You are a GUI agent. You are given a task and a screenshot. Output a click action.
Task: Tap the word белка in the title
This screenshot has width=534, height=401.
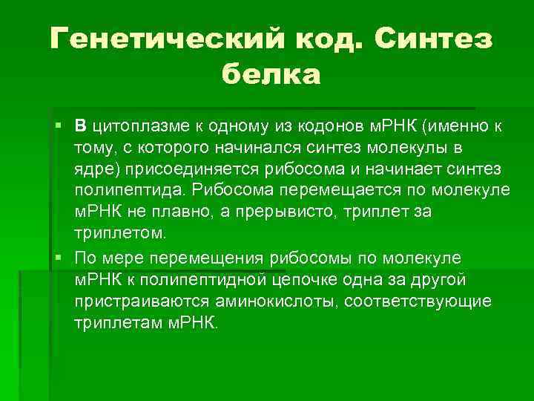tap(271, 74)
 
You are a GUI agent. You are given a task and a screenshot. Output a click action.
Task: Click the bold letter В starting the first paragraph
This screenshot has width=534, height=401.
tap(81, 125)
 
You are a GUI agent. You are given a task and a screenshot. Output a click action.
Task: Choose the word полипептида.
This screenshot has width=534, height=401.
tap(131, 190)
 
